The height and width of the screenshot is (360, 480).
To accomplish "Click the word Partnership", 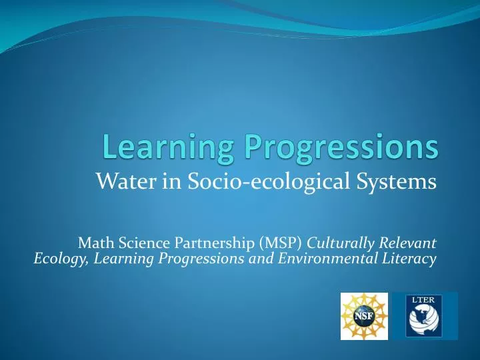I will coord(197,241).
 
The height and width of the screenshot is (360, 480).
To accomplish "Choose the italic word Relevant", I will coord(407,241).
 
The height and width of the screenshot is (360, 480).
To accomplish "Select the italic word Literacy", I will coord(412,258).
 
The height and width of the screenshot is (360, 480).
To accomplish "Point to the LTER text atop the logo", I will coord(425,299).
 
